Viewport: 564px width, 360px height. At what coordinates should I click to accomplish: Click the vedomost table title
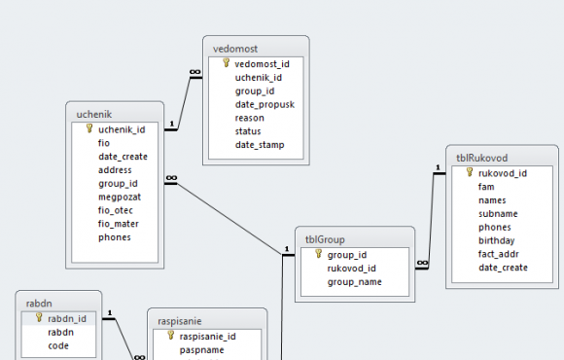point(235,49)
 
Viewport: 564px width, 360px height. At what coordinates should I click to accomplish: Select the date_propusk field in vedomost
point(264,105)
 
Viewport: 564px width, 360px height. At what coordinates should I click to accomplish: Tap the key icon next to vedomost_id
point(226,63)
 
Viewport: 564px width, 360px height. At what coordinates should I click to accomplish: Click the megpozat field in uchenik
point(120,198)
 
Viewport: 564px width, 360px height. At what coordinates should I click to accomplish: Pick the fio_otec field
point(116,210)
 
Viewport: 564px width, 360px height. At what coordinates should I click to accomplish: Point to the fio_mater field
point(119,224)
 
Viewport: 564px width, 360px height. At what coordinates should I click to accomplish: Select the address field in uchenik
point(115,170)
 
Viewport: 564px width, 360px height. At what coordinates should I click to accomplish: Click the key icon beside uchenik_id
point(89,128)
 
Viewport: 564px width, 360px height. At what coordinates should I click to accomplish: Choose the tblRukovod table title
point(482,158)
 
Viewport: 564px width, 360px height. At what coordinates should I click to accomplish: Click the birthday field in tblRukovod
point(496,241)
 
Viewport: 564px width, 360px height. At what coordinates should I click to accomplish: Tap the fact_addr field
point(499,254)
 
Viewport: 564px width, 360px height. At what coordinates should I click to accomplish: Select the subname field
point(498,214)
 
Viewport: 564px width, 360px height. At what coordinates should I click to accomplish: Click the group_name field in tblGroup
point(354,282)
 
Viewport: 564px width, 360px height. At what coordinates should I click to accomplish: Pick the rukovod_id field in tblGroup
point(351,269)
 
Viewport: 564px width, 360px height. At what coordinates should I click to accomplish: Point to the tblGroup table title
point(325,239)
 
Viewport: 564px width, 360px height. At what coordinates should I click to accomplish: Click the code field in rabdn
point(58,346)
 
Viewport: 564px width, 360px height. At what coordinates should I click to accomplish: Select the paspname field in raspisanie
point(202,350)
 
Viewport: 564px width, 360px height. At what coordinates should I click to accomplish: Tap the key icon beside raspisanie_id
point(171,336)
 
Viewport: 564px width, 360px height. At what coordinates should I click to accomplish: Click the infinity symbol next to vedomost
point(194,72)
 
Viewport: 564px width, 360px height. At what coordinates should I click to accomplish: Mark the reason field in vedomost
point(250,118)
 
